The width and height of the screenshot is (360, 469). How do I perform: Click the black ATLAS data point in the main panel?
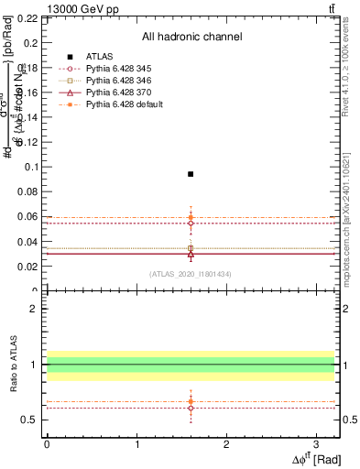[x=191, y=174]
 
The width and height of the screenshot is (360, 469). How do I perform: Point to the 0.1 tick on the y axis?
[x=44, y=167]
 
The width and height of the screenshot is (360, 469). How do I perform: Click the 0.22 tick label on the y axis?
[x=29, y=17]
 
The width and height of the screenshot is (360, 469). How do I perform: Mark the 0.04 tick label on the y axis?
[x=29, y=242]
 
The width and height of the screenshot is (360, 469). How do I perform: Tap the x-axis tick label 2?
[x=226, y=443]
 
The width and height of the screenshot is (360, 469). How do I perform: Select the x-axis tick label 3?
[x=316, y=443]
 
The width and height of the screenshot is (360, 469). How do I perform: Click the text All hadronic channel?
[x=191, y=37]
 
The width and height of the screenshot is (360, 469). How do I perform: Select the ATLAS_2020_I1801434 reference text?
[x=191, y=274]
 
